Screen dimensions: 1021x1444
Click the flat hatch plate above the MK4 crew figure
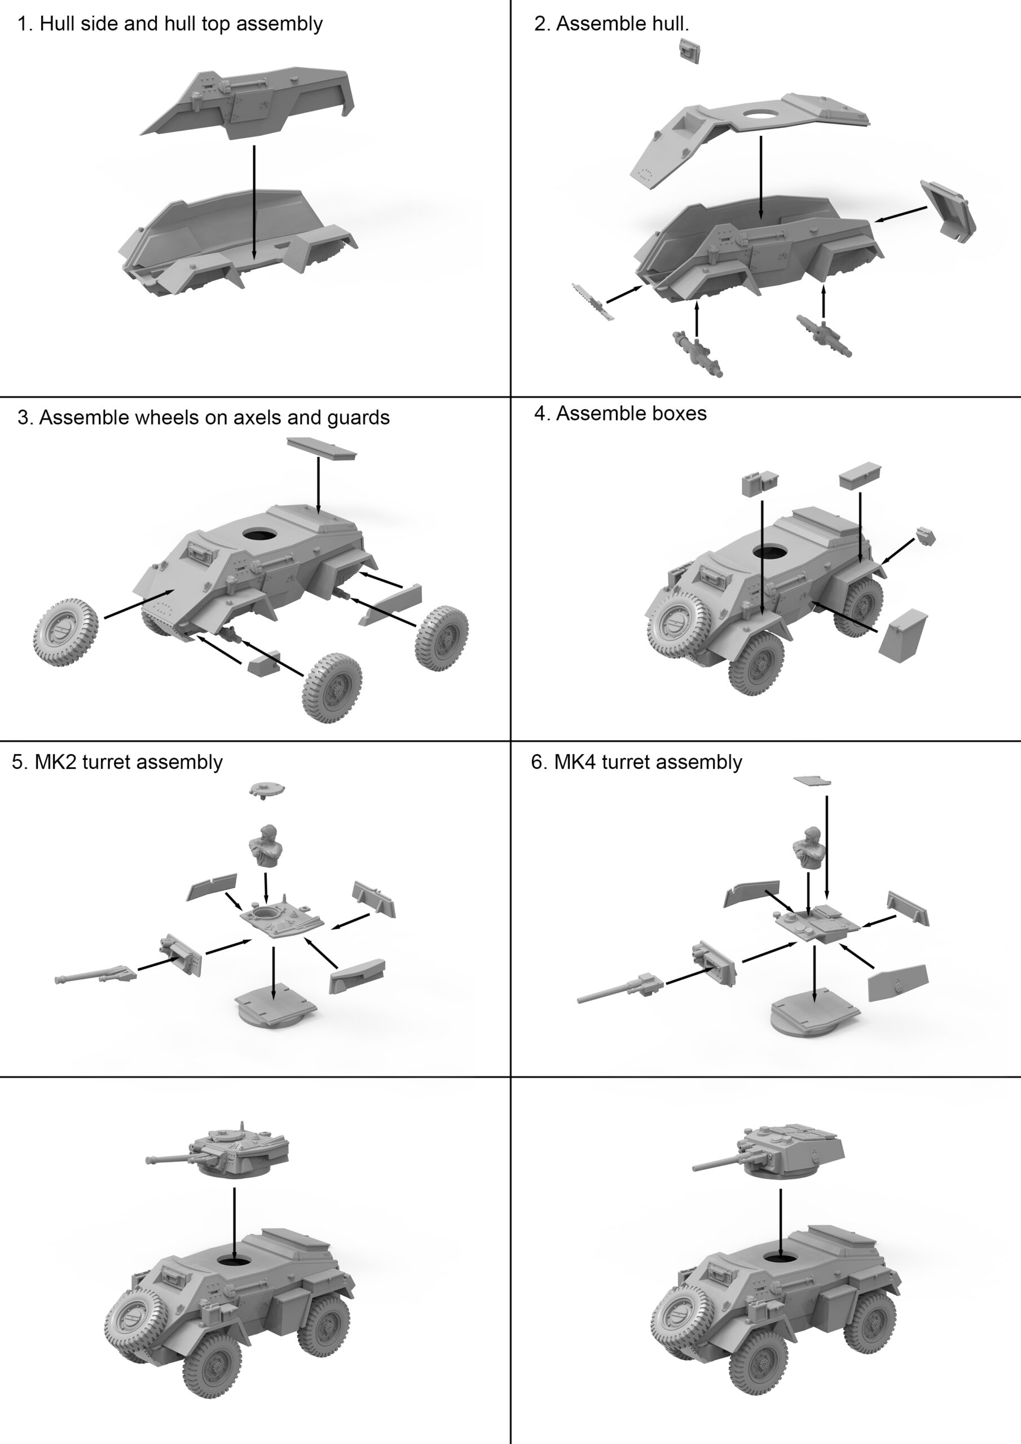coord(812,781)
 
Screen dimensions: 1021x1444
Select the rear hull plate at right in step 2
coord(948,212)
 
